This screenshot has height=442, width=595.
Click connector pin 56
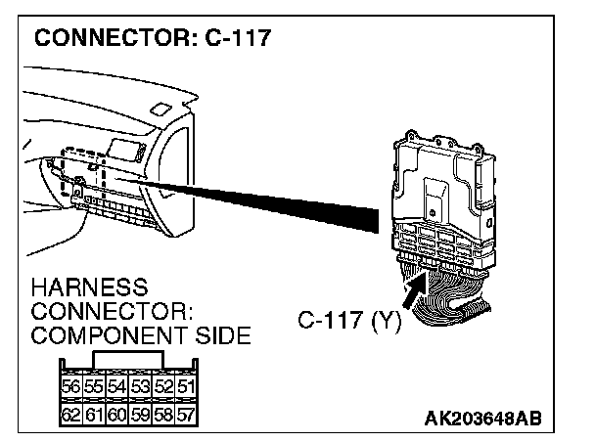[70, 387]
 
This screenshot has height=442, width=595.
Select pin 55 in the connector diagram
[93, 387]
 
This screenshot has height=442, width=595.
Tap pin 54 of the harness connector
[115, 387]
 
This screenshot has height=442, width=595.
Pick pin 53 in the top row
[138, 387]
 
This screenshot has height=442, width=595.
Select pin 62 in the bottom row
[70, 415]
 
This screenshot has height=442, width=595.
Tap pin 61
[93, 415]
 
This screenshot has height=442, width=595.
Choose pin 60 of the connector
[115, 415]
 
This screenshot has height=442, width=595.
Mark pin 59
[138, 415]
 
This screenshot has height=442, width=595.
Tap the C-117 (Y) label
[349, 320]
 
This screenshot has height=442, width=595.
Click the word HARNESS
[89, 289]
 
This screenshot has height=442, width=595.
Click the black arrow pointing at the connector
[417, 292]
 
